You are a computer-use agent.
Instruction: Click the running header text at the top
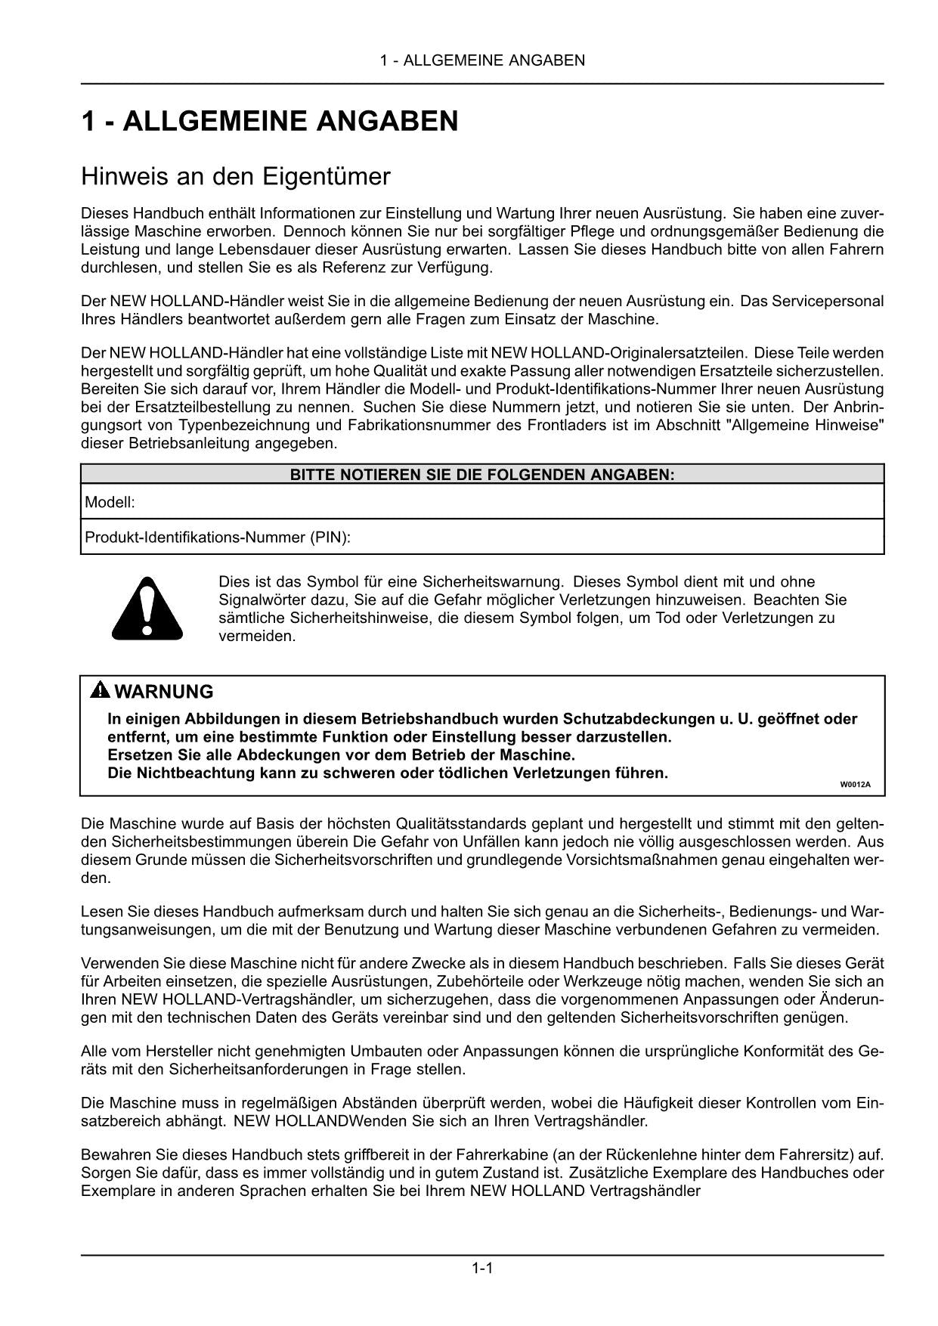point(482,60)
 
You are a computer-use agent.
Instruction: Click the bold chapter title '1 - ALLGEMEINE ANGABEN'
point(269,122)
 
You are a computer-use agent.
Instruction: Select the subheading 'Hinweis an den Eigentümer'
point(235,177)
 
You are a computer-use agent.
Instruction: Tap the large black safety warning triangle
point(147,608)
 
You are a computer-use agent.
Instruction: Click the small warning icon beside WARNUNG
point(100,690)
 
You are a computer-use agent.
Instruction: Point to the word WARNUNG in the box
point(164,692)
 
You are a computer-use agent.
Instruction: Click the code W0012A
point(855,784)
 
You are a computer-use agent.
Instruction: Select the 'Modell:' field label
point(110,502)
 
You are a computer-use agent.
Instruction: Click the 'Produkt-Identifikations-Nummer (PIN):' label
point(218,538)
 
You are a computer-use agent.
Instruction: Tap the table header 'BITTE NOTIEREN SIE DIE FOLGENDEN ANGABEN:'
point(482,475)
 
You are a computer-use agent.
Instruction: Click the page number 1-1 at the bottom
point(482,1268)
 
